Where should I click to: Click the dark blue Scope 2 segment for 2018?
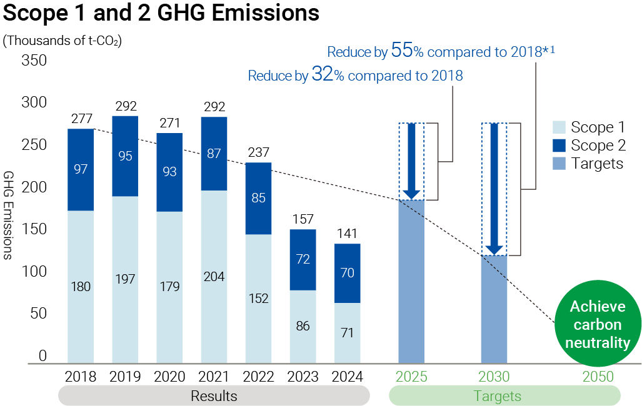click(x=81, y=169)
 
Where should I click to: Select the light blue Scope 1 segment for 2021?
click(x=214, y=277)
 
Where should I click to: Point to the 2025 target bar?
click(x=411, y=281)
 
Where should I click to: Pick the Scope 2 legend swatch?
click(x=559, y=146)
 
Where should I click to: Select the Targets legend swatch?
click(x=559, y=164)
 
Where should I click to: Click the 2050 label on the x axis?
click(x=598, y=377)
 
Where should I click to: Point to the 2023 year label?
click(x=303, y=377)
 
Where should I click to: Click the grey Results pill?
click(x=214, y=396)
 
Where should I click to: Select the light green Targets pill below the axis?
click(x=504, y=396)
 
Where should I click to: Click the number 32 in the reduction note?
click(x=321, y=76)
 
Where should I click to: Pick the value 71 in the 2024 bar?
click(x=347, y=333)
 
